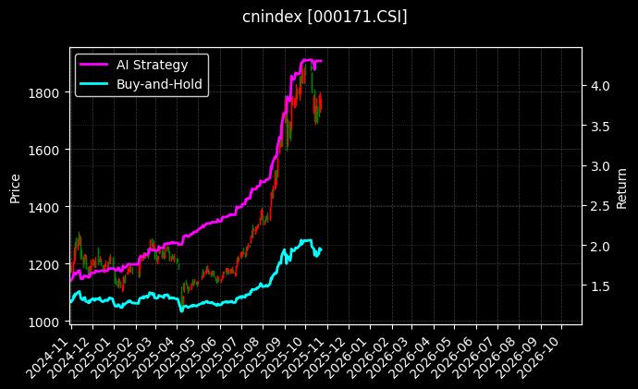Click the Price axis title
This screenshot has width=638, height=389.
(15, 186)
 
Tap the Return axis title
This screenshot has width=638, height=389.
(621, 186)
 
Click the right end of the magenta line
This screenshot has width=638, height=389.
(321, 61)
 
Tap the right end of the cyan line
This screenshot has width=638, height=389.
(321, 249)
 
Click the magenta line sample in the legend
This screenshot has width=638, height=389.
(93, 65)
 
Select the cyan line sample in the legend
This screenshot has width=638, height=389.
(93, 84)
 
